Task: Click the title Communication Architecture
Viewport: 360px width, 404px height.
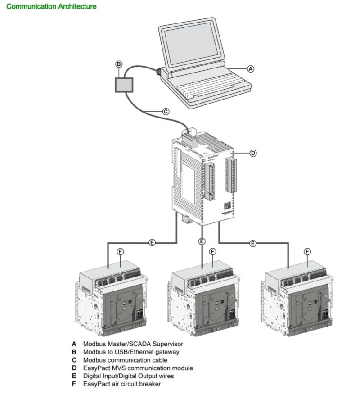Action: pos(52,7)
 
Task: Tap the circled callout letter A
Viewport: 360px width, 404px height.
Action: pos(251,68)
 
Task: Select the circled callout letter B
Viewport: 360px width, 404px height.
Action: pos(119,64)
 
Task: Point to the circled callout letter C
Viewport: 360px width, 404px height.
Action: pos(166,111)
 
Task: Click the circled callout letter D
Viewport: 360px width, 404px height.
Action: pos(253,153)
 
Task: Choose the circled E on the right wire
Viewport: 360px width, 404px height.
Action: pos(253,243)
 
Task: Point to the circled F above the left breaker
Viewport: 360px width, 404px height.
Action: pos(120,251)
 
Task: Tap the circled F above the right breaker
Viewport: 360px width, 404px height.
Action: pos(307,251)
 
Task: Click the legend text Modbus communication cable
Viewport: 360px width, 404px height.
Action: pos(125,360)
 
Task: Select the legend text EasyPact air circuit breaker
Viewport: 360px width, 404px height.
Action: pos(122,384)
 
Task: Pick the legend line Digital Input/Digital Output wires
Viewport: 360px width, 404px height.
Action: pos(128,376)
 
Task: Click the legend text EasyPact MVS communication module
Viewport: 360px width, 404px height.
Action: pos(138,368)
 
